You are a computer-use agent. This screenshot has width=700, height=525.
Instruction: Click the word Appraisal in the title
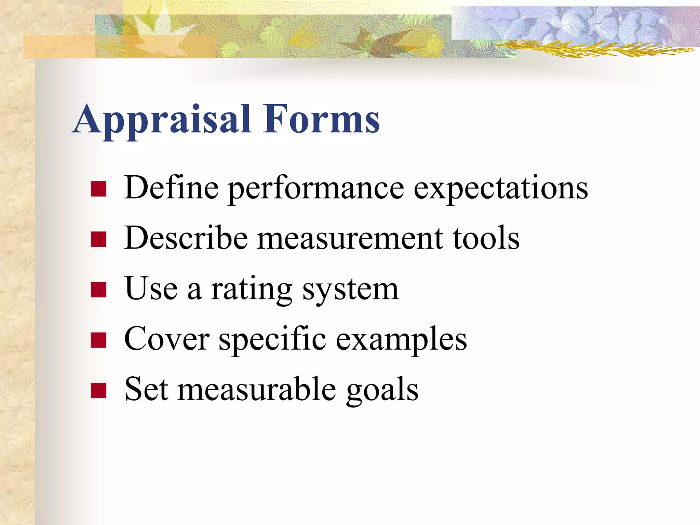[162, 120]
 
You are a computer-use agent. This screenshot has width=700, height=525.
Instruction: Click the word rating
[251, 290]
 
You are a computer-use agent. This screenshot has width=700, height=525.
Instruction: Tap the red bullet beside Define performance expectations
[99, 189]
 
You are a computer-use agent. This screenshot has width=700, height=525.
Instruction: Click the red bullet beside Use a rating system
[99, 290]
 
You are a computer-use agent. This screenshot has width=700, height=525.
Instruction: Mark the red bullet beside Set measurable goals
[99, 391]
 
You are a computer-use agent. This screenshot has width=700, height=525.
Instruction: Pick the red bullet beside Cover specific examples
[99, 340]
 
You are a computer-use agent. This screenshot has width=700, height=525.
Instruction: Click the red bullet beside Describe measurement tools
[99, 239]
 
